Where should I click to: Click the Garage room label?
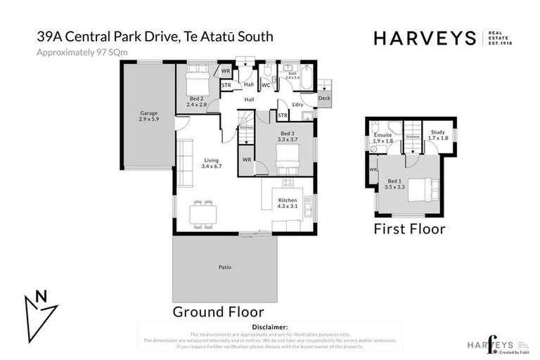pos(148,112)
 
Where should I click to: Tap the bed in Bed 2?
pos(196,76)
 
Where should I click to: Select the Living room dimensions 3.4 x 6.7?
pos(212,167)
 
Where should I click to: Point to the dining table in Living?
pos(203,213)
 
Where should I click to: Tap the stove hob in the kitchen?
pos(287,183)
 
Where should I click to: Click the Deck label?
pos(323,98)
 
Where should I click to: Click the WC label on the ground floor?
pos(266,85)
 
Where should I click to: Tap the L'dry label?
pos(297,104)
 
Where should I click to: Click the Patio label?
pos(224,267)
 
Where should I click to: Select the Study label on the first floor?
pos(438,131)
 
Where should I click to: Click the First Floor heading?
pos(409,229)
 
